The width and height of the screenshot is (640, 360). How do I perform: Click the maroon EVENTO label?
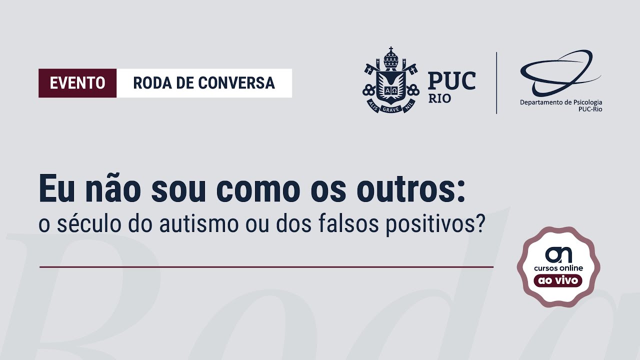[77, 83]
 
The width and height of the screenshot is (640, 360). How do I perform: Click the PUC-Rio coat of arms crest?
[390, 80]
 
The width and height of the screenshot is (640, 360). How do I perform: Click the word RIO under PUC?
[439, 98]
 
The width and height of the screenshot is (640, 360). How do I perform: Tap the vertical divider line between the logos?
[496, 83]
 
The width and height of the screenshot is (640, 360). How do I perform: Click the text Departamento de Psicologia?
[561, 102]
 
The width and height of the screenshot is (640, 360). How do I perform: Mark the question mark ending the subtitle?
[480, 224]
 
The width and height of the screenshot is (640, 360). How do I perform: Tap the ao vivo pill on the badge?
[558, 280]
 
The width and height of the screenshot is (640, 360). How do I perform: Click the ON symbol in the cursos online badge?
[558, 254]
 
